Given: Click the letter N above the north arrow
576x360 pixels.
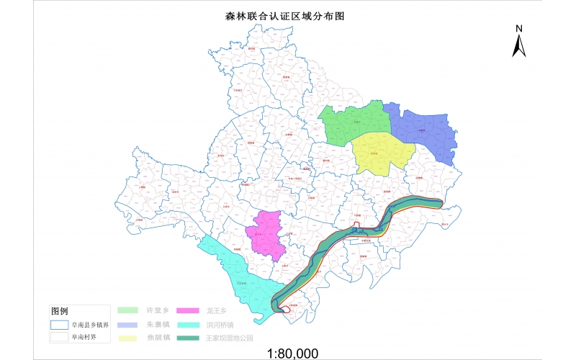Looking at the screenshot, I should point(518,28).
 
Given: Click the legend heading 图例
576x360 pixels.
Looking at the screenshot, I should point(60,311).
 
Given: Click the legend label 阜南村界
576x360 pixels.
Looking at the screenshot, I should point(84,336).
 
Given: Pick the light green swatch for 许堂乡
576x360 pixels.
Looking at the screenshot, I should point(129,310).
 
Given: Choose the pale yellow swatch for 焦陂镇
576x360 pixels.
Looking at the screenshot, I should point(129,337).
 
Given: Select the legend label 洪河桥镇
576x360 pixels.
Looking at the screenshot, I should point(220,324).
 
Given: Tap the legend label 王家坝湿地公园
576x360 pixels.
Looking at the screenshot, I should point(230,337).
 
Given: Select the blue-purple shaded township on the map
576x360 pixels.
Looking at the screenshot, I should point(425,130).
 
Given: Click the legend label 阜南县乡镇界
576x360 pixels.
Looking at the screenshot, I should point(90,325).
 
